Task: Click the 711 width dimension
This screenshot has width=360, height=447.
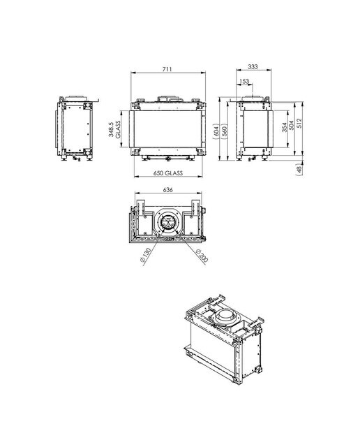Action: tap(167, 69)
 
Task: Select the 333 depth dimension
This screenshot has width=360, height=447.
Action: tap(253, 66)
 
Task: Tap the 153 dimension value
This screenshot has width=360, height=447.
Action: tap(244, 82)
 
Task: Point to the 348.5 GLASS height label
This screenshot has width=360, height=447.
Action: tap(114, 129)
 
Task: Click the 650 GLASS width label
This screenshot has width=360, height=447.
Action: tap(168, 173)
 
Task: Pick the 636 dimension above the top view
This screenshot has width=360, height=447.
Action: tap(167, 189)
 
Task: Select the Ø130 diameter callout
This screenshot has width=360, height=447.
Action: tap(145, 256)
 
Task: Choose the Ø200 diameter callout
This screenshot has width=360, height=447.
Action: tap(202, 255)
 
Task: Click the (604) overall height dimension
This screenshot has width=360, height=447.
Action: tap(216, 131)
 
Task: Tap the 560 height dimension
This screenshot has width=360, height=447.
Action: tap(225, 131)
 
